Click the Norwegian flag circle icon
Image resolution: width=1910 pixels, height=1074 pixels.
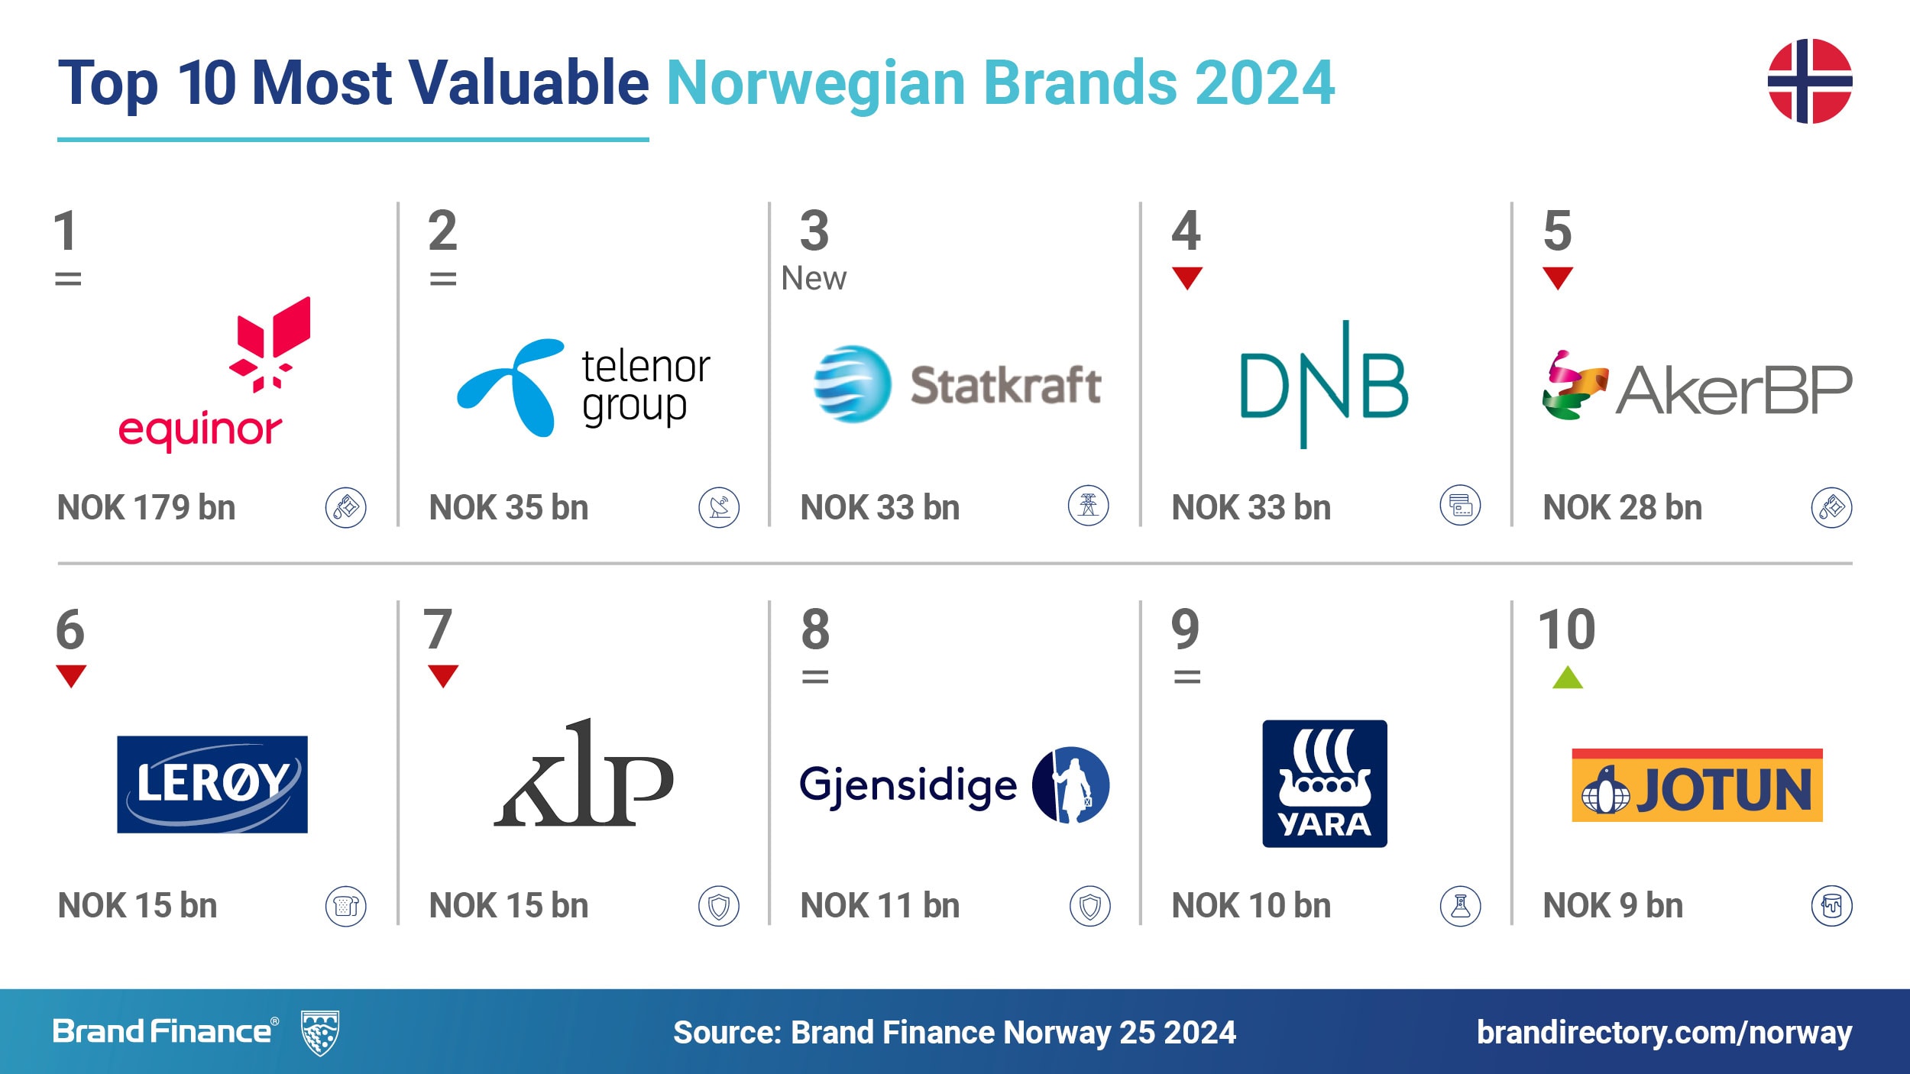[1810, 81]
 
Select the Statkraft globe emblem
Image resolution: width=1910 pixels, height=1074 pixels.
[852, 383]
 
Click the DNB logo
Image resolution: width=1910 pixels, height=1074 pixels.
[1324, 384]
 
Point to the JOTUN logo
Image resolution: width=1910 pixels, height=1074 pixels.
[1697, 785]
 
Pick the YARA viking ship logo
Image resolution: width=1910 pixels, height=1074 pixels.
[1325, 784]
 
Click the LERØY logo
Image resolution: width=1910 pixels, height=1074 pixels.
[212, 784]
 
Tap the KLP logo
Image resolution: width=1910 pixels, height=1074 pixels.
[584, 772]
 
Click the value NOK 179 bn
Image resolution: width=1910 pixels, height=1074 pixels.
[147, 508]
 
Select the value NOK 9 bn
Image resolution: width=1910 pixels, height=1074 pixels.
[1613, 906]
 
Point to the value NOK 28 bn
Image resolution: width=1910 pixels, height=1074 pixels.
[1623, 508]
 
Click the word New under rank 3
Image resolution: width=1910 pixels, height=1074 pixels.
[814, 278]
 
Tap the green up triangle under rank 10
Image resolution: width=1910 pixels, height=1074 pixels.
[1568, 678]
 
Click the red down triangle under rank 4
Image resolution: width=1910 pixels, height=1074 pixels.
[1187, 277]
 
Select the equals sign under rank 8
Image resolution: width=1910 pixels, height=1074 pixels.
[815, 677]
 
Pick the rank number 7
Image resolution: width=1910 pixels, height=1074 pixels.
[439, 629]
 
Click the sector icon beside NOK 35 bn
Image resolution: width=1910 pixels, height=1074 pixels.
[719, 507]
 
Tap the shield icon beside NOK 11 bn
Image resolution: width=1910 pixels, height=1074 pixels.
[1090, 906]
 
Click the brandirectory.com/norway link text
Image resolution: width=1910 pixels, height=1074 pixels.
[1665, 1033]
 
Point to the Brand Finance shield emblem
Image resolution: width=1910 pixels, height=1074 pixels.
[320, 1033]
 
